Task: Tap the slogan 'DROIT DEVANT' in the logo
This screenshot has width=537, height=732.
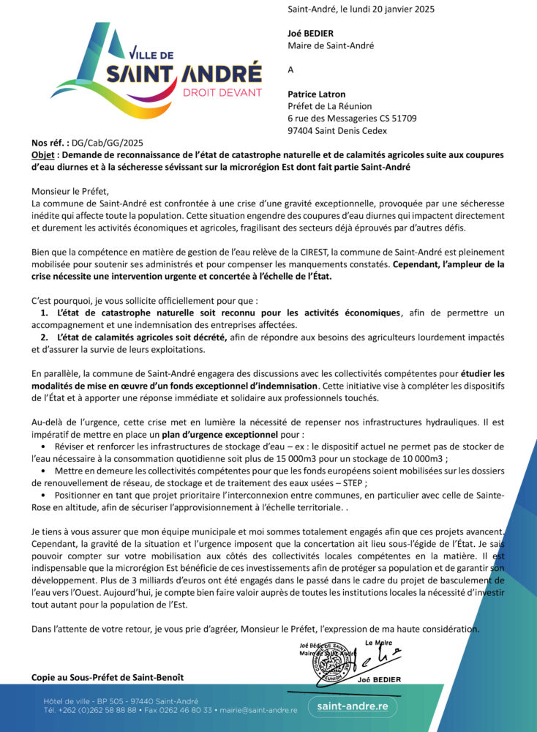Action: pos(222,92)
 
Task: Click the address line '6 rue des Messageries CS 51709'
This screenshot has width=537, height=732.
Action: pos(352,119)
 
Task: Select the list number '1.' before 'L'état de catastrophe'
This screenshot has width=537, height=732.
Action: pos(45,313)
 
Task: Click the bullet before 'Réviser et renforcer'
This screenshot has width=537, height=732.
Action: pos(45,447)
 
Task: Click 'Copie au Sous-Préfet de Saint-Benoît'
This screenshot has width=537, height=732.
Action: pos(108,677)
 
